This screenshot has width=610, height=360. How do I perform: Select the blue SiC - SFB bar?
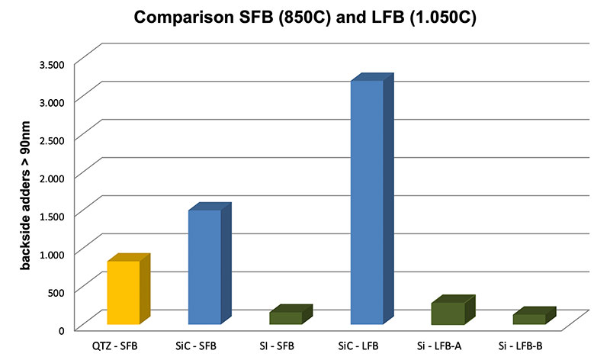(204, 267)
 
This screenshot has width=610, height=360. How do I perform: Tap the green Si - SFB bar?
(286, 318)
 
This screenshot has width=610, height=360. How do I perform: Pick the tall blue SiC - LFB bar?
(367, 202)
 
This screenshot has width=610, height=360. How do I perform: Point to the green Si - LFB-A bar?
(448, 313)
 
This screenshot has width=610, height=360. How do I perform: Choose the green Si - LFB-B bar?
(528, 319)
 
